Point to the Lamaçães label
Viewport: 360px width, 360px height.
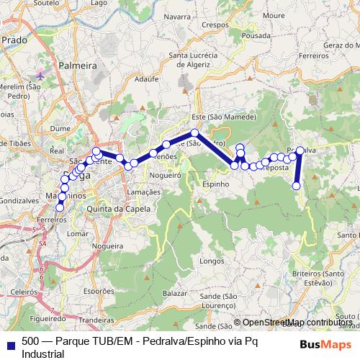tap(143, 192)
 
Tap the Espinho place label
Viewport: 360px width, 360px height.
tap(215, 184)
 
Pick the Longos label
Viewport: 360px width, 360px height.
tap(212, 260)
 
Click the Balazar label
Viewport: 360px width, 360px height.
tap(175, 294)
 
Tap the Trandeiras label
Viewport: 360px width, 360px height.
tap(102, 310)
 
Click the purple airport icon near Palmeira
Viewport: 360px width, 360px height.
tap(39, 75)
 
